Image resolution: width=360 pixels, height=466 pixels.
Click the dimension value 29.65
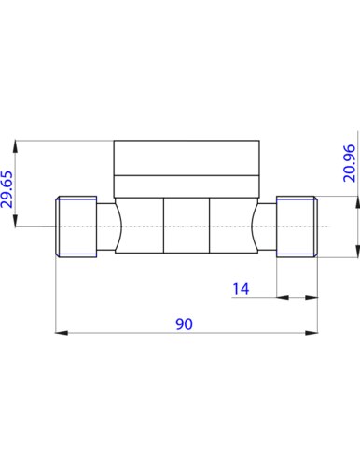[7, 189]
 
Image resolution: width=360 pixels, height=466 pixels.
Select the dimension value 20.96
[350, 163]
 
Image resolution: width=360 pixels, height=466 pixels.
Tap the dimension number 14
[241, 289]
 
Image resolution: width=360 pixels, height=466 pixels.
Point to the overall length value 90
[185, 324]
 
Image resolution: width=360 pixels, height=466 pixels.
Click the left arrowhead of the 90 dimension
[62, 333]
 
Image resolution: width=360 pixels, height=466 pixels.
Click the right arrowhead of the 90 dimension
[312, 333]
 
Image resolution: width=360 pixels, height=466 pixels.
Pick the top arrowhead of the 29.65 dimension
[15, 146]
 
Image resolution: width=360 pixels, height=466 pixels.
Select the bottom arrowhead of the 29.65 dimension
[15, 221]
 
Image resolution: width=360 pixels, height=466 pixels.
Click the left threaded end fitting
[76, 226]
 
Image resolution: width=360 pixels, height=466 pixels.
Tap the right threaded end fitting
[297, 226]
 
